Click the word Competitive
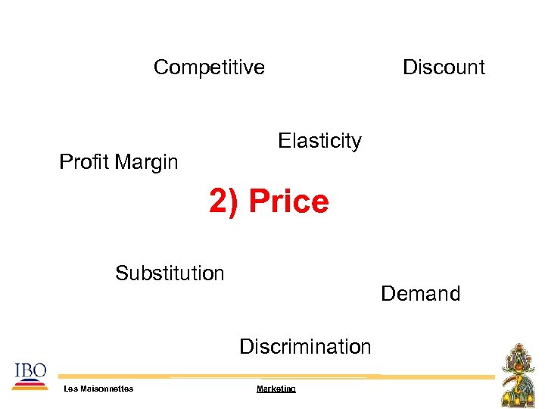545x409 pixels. [x=209, y=67]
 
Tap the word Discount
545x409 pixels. [x=444, y=67]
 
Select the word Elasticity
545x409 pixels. [x=319, y=141]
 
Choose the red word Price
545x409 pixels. [x=289, y=202]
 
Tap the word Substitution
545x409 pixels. [x=170, y=273]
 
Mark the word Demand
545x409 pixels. [x=420, y=294]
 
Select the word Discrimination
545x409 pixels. [x=305, y=347]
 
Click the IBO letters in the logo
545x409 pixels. [x=30, y=370]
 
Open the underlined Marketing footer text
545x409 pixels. [x=276, y=389]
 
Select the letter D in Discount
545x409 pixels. [x=410, y=67]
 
